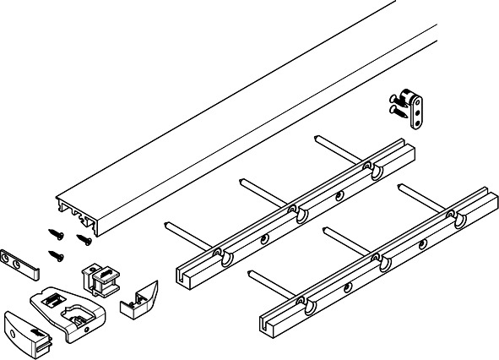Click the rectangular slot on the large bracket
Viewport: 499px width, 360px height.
tap(53, 297)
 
